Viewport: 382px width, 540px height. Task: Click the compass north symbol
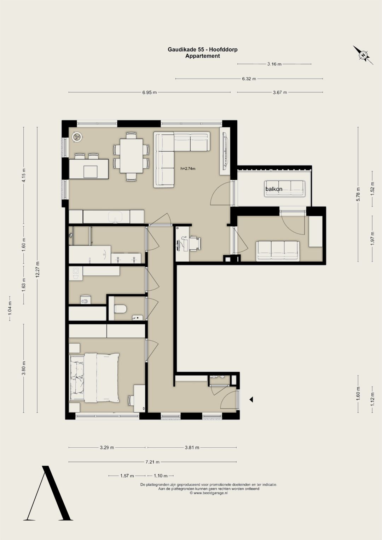[x=363, y=55]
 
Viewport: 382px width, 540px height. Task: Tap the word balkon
[x=274, y=189]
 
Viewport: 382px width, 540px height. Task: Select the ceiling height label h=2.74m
[x=188, y=169]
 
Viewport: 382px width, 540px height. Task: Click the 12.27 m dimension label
[x=37, y=269]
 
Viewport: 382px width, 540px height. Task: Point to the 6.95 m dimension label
[x=150, y=92]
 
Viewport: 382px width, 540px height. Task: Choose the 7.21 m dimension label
[x=152, y=462]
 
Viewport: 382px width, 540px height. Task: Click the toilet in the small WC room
[x=120, y=309]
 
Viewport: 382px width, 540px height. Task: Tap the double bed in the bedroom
[x=94, y=378]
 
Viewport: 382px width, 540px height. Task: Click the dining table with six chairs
[x=131, y=156]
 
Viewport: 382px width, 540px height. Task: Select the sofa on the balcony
[x=285, y=188]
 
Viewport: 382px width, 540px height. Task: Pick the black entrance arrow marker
[x=251, y=400]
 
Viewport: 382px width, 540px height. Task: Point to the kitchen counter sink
[x=116, y=217]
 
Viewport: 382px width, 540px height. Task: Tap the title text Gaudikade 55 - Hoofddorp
[x=203, y=50]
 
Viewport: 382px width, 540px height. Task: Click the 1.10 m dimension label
[x=161, y=476]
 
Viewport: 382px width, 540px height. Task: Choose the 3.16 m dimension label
[x=274, y=64]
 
